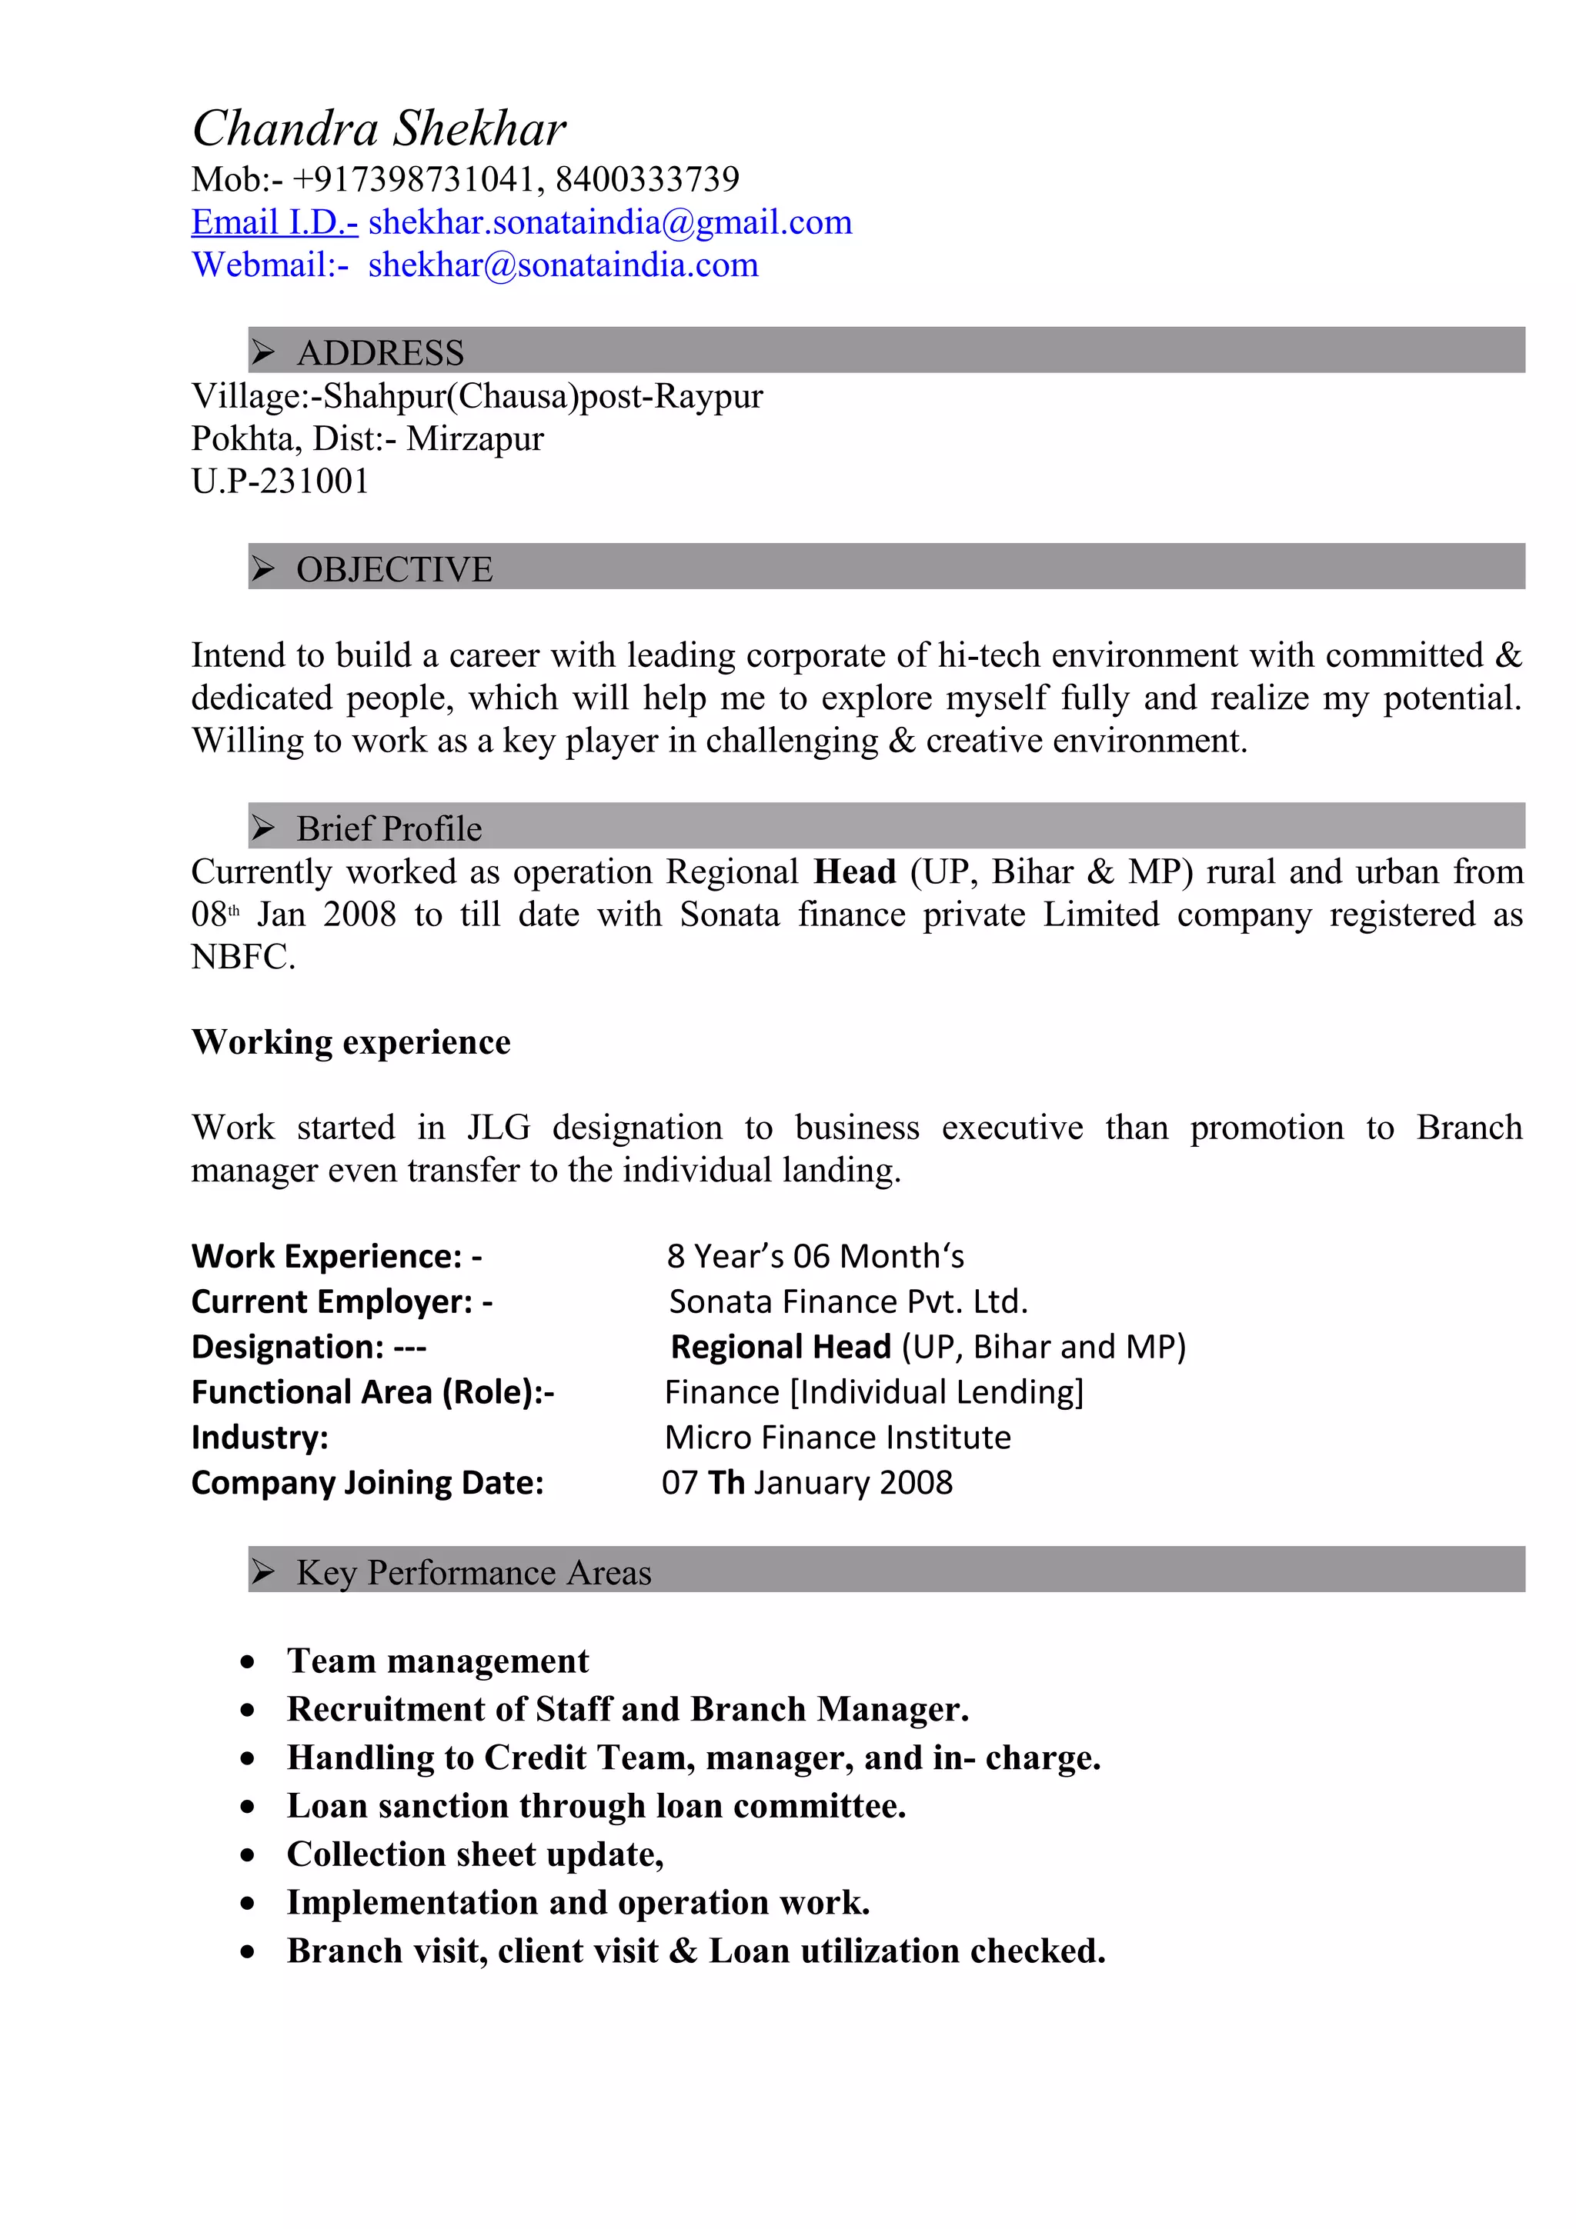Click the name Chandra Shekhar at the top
click(x=379, y=128)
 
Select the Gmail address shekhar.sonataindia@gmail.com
click(x=609, y=222)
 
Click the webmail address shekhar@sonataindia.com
click(x=563, y=265)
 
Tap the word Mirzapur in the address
click(x=475, y=439)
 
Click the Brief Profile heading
click(x=389, y=828)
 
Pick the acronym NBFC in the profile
click(x=242, y=958)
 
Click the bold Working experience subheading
click(x=351, y=1041)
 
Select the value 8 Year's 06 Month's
click(x=815, y=1256)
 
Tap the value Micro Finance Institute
click(x=837, y=1438)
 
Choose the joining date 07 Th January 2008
click(x=807, y=1482)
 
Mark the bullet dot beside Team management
click(x=249, y=1662)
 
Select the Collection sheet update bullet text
click(x=475, y=1854)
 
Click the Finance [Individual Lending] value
click(x=874, y=1392)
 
